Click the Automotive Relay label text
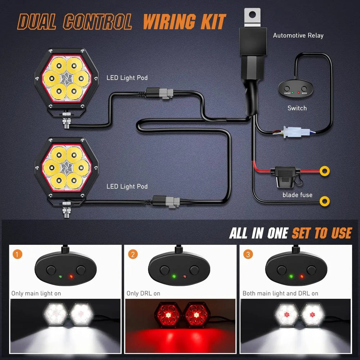tap(298, 35)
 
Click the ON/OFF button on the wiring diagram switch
tap(287, 89)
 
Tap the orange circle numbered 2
tap(133, 255)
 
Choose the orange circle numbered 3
tap(248, 255)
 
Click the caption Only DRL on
tap(143, 293)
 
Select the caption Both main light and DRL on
tap(280, 293)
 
